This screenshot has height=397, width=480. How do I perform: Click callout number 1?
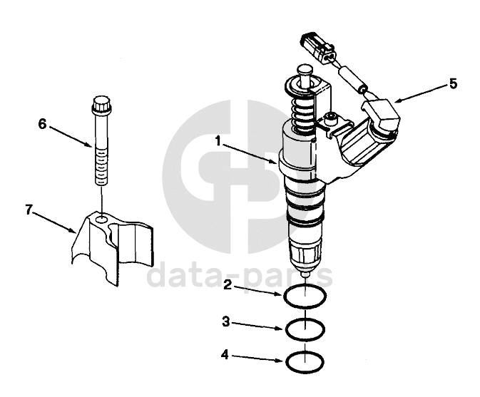pos(218,142)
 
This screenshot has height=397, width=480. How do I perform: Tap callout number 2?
pos(228,285)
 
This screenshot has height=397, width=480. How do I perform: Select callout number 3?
pos(226,321)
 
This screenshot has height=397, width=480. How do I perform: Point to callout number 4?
pos(225,355)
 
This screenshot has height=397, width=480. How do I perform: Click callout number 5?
pos(453,83)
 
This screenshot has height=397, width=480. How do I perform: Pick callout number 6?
pos(42,124)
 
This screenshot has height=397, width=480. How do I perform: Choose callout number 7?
pos(29,210)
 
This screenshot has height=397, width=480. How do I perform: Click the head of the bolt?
pos(101,104)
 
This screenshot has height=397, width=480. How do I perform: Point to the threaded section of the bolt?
pos(101,166)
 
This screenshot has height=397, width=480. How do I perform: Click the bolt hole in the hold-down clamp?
pos(101,220)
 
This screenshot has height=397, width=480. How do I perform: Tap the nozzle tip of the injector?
pos(305,274)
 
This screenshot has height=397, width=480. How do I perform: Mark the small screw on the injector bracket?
pos(330,118)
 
